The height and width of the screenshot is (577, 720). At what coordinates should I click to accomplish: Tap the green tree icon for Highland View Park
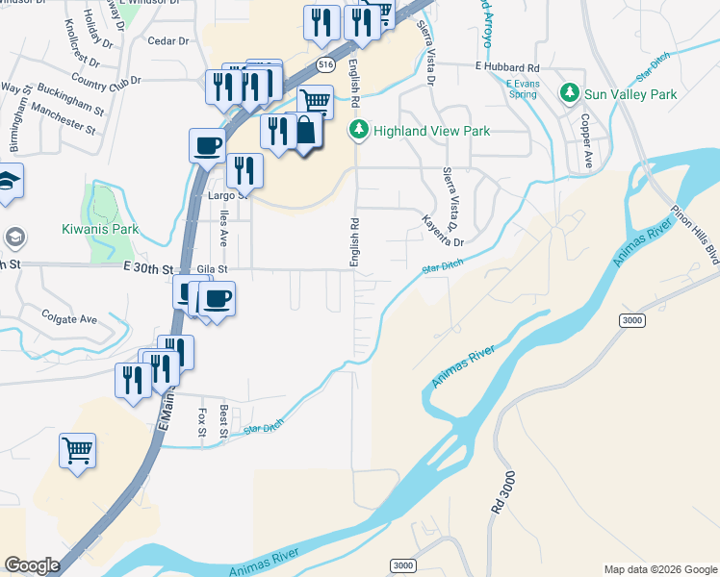tap(359, 130)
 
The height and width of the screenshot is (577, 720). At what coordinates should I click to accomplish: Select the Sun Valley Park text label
tap(630, 94)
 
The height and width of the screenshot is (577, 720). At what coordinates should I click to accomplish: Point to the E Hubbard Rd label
tap(507, 68)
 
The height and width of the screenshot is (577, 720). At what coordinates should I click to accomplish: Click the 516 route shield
tap(325, 65)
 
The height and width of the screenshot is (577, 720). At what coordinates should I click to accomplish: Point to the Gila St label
tap(212, 271)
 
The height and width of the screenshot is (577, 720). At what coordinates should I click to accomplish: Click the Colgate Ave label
tap(69, 317)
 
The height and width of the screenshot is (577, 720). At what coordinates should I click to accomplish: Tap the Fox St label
tap(202, 421)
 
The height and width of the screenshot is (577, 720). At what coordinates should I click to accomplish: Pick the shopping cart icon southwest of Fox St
tap(77, 448)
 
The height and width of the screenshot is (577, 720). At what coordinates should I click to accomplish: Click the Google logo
tap(32, 565)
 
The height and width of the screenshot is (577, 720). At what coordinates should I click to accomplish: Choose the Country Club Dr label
tap(106, 83)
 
